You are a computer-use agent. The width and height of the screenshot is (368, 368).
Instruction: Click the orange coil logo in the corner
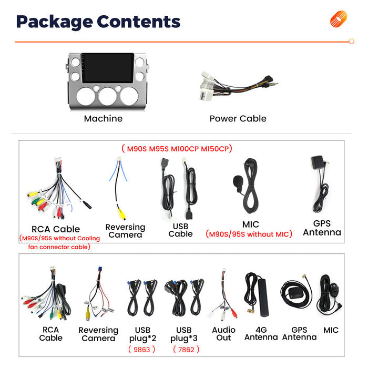pos(338,19)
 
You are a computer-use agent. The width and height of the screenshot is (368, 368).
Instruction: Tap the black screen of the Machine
pos(108,68)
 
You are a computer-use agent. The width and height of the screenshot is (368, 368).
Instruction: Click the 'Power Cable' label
pos(238,118)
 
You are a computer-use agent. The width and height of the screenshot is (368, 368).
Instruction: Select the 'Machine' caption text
pos(103,118)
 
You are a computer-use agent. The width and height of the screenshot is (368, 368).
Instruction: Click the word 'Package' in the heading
pos(55,22)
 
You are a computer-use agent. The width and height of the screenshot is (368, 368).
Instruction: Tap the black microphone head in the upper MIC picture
pos(238,181)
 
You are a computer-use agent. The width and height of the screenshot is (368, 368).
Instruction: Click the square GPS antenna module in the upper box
pos(318,162)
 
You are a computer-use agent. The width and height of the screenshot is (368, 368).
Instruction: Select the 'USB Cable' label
pos(180,230)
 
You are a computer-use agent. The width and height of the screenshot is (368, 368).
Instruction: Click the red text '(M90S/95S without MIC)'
pos(249,234)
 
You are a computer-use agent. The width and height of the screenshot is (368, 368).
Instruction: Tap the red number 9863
pos(142,350)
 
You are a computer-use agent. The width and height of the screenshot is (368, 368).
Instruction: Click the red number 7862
pos(186,350)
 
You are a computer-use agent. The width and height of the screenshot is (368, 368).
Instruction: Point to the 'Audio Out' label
pos(223,334)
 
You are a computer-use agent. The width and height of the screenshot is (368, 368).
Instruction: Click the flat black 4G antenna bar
pos(263,298)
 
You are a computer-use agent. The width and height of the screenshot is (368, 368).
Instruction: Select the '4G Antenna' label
pos(261,333)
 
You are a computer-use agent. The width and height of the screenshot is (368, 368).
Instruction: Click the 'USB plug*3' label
pos(184,334)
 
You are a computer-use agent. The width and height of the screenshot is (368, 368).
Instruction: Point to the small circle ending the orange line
pos(351,42)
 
